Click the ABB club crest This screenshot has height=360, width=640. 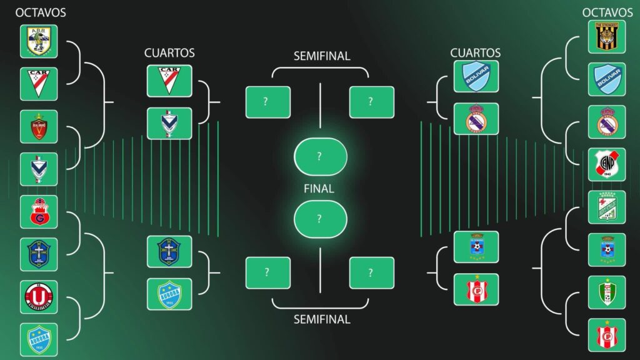(39, 41)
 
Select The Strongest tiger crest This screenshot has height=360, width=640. (606, 37)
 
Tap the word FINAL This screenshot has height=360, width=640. (319, 188)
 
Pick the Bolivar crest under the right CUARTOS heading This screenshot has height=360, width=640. (476, 76)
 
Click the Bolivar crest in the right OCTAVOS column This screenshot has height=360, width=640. (606, 79)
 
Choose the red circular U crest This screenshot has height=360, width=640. (39, 296)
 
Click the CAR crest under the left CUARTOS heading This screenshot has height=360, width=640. (169, 81)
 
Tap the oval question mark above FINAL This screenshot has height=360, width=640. (320, 156)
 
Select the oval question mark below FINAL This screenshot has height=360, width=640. (320, 219)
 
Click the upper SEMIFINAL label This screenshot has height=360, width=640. (322, 56)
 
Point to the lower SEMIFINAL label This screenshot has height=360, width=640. (322, 319)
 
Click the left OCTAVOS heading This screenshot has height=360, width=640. (41, 12)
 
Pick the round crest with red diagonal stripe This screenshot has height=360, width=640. (606, 164)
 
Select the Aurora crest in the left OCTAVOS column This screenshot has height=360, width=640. (39, 339)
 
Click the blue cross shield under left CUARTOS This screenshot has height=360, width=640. (169, 252)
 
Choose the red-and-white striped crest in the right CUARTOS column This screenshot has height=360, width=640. (476, 289)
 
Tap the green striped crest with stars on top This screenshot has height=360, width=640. (606, 207)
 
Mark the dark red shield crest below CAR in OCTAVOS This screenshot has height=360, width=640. (39, 126)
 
